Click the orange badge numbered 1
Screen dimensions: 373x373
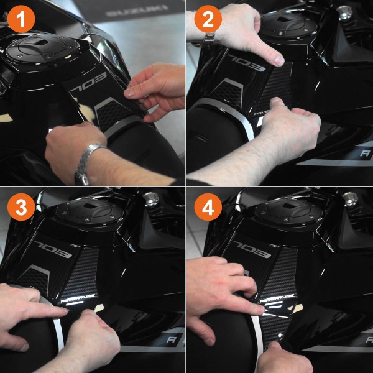pyautogui.click(x=21, y=20)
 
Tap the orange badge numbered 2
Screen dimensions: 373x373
pyautogui.click(x=208, y=20)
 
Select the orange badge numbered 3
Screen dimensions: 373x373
pyautogui.click(x=21, y=208)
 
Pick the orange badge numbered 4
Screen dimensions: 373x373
pyautogui.click(x=208, y=208)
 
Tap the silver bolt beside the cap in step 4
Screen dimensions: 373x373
pyautogui.click(x=349, y=199)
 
